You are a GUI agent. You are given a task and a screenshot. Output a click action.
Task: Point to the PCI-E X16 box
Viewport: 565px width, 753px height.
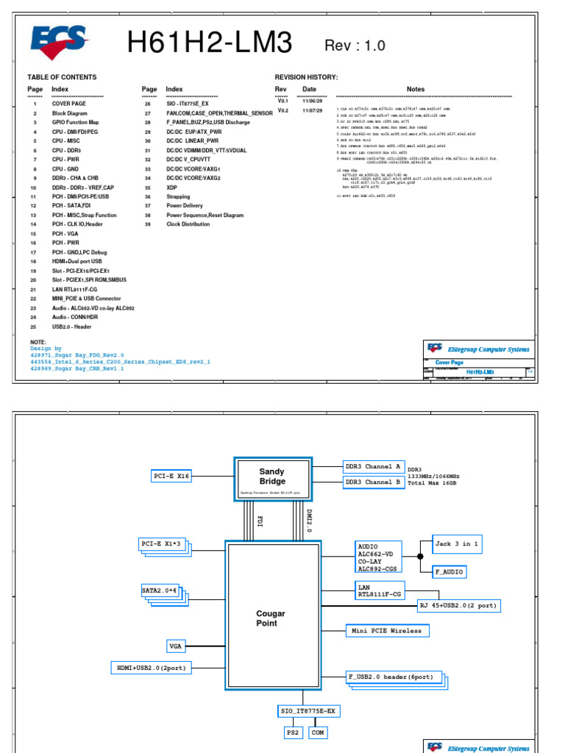click(172, 476)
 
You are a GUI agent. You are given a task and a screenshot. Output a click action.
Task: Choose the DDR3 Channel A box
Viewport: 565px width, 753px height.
click(373, 466)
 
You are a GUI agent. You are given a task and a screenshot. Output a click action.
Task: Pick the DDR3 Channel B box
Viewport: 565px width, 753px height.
click(373, 482)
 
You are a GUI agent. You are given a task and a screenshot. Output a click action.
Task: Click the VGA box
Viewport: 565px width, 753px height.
click(176, 646)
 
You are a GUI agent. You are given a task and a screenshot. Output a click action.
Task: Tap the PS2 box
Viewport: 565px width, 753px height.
click(292, 732)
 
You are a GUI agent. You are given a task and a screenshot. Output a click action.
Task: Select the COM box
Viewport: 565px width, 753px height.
click(318, 732)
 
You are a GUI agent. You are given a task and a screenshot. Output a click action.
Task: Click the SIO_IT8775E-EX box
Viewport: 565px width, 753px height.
click(308, 712)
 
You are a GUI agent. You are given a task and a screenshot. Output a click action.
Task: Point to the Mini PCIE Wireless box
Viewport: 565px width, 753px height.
click(387, 631)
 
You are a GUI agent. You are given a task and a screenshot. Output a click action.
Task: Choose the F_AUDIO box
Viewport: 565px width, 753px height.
click(449, 571)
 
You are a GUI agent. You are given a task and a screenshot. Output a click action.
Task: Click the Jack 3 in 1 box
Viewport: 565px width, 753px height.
click(457, 544)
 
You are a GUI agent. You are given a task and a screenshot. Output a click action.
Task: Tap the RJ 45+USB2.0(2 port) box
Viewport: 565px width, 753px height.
click(460, 606)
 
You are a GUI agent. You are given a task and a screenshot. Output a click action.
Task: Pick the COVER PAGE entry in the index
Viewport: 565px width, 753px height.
click(68, 104)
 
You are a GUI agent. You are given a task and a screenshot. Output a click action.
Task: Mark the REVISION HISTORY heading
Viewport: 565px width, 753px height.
click(306, 77)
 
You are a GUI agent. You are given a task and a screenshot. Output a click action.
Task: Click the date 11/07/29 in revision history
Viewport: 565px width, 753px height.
click(313, 110)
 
